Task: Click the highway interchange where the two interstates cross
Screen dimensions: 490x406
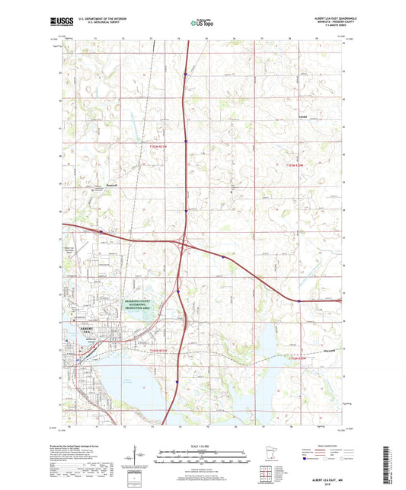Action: point(183,244)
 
